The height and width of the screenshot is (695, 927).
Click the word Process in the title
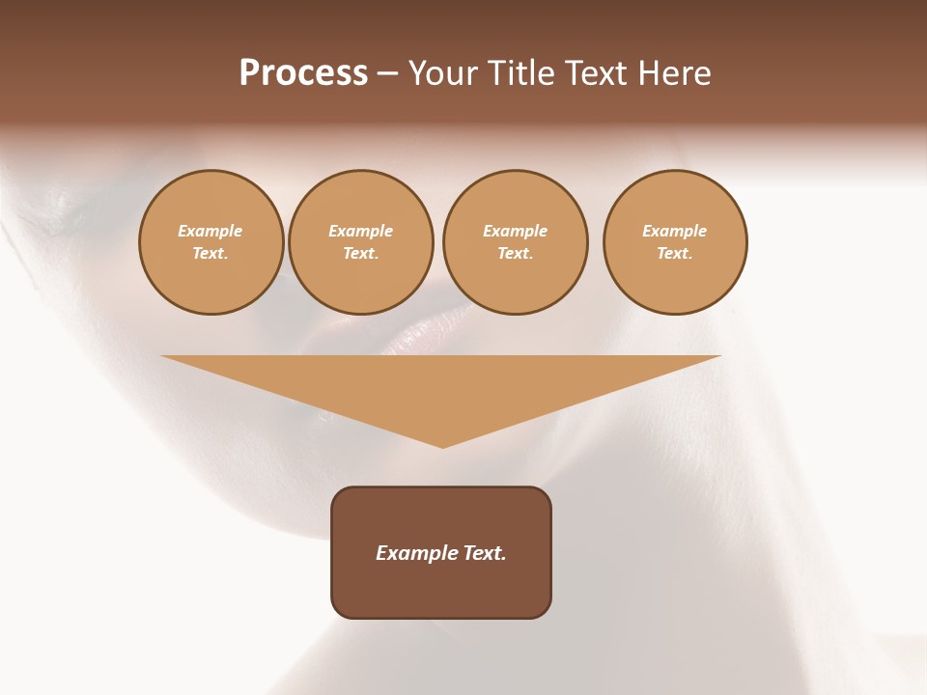coord(303,73)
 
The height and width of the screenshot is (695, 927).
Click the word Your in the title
coord(444,73)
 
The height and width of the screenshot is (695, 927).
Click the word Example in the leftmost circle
coord(211,231)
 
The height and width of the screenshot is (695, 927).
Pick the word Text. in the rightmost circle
coord(675,253)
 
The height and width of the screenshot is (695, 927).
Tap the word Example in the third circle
coord(516,231)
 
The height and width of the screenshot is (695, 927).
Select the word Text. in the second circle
coord(361,253)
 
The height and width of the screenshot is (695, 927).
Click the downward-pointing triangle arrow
coord(441,386)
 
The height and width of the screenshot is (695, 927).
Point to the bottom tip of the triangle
coord(442,445)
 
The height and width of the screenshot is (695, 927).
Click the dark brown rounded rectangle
coord(441,589)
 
